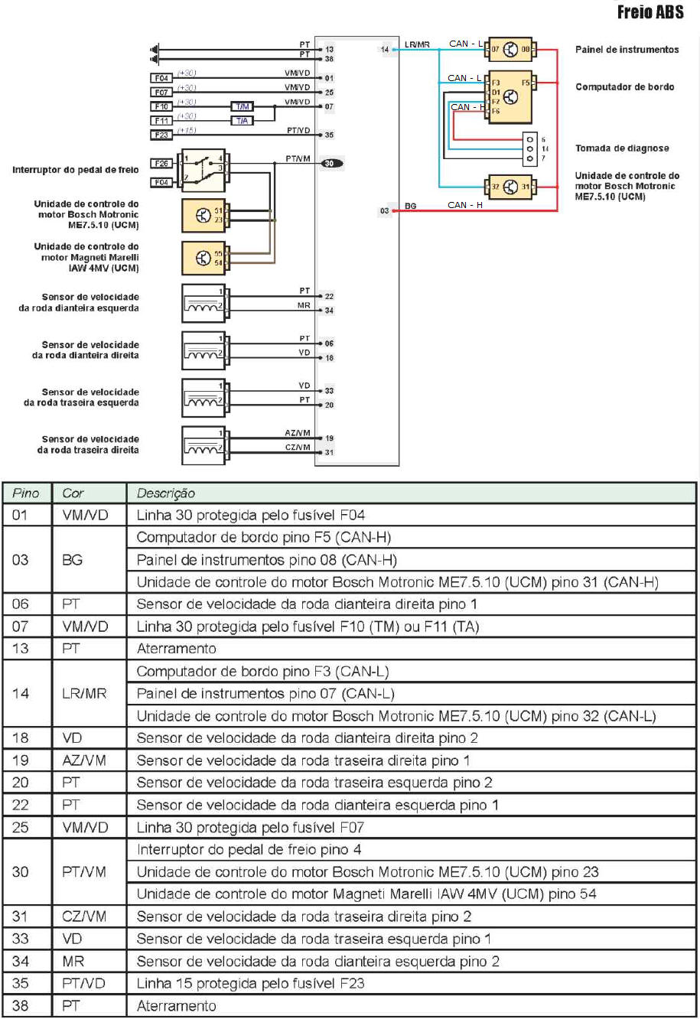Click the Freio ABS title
coord(650,12)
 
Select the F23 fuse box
coord(161,135)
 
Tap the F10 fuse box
coord(161,106)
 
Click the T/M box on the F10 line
coord(242,106)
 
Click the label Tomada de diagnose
coord(622,148)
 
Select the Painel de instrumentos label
coord(627,50)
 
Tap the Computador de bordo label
coord(625,86)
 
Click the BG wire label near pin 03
coord(411,207)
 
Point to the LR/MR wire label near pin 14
coord(417,45)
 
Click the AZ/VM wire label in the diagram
coord(298,433)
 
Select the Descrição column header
coord(165,493)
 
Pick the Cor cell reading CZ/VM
coord(84,916)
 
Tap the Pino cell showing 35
coord(21,983)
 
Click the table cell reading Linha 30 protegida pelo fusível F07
coord(250,828)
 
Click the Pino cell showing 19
coord(21,760)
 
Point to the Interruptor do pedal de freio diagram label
coord(76,170)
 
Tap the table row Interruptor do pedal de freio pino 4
coord(249,850)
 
